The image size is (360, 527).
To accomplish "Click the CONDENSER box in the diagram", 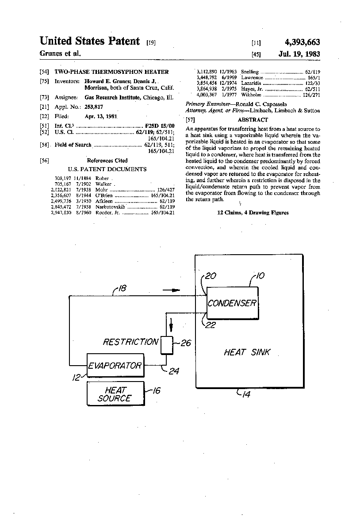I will [232, 303].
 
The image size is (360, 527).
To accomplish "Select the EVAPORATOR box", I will [115, 365].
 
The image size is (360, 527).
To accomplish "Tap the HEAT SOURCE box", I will [115, 393].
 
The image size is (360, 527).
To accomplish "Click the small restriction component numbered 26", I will [167, 345].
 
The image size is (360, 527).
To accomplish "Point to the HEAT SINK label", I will [247, 352].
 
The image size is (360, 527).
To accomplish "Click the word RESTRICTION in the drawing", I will [130, 342].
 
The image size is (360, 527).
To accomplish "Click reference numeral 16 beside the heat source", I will [155, 390].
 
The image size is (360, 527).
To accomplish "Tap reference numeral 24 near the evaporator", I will [173, 371].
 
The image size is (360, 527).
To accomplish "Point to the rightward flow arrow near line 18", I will [172, 290].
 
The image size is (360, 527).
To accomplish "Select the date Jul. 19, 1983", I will [299, 54].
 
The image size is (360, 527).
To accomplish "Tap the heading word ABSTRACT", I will [253, 120].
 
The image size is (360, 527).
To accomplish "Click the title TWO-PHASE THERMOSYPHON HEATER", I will [111, 71].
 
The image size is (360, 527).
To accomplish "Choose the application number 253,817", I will [95, 107].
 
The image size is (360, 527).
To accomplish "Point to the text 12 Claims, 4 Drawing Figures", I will [253, 213].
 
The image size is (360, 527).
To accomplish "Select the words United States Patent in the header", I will [90, 42].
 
